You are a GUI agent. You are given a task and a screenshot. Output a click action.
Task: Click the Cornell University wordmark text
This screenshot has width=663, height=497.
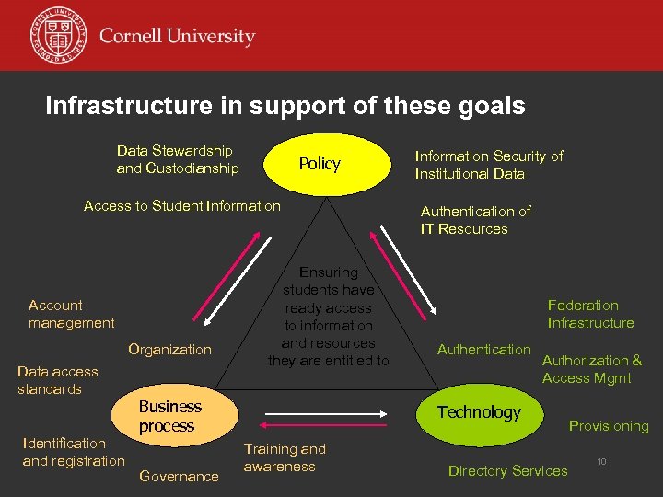177,38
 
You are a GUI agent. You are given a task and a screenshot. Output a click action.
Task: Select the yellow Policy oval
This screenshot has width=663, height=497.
320,164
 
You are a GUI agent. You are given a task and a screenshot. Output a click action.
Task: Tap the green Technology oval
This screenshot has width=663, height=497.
479,412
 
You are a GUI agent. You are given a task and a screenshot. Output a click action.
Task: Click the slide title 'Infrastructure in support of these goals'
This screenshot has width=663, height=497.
285,106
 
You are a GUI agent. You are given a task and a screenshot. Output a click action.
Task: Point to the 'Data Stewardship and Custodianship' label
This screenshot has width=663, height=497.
177,159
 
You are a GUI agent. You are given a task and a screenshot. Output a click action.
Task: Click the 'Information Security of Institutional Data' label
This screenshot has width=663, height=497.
488,165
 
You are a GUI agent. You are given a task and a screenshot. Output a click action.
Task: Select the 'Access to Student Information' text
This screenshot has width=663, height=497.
181,206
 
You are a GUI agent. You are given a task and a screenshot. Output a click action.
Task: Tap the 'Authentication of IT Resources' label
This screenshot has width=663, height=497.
475,220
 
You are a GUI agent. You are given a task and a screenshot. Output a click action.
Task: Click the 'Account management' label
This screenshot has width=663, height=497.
72,314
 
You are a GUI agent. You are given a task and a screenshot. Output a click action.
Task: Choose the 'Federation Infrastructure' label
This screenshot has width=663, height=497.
590,314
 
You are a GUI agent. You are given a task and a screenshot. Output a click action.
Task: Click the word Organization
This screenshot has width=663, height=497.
169,350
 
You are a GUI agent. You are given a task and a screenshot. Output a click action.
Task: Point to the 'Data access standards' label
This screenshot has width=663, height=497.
57,380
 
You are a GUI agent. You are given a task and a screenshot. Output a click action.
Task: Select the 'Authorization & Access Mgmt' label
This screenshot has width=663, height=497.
591,369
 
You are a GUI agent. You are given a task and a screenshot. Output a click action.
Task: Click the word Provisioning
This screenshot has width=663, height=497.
608,426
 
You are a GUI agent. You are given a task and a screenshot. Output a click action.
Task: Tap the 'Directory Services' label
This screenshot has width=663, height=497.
507,471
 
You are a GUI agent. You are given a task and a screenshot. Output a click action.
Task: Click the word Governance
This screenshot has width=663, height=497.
179,476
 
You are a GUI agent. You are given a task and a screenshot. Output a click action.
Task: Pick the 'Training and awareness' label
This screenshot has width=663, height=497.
285,457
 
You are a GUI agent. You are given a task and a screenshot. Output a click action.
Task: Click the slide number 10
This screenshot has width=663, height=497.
601,460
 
